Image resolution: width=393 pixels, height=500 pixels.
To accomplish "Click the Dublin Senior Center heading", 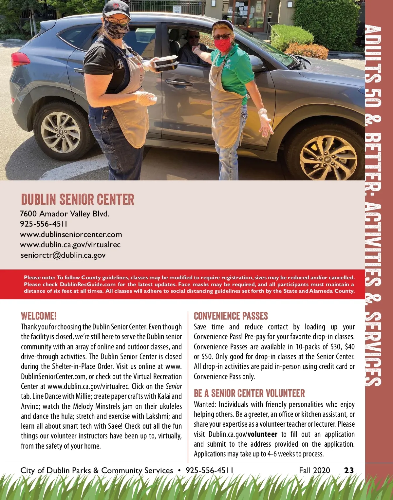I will [78, 199].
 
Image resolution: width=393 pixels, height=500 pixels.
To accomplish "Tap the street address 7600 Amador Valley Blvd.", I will [65, 214].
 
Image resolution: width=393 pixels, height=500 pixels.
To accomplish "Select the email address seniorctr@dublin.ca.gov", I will [63, 255].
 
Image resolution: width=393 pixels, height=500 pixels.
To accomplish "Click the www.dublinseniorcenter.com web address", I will [71, 234].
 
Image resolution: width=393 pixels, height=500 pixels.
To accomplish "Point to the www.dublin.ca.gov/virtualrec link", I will [70, 245].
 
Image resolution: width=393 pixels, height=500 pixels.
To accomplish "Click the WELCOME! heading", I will [39, 316].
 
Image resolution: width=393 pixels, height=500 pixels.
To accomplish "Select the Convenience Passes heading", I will [231, 316].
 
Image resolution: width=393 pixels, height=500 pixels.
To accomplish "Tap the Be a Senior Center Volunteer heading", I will [249, 393].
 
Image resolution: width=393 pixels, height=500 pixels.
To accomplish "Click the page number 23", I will [349, 471].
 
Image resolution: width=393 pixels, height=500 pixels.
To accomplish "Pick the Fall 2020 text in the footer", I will [314, 471].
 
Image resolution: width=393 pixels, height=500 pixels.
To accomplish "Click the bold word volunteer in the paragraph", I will [263, 434].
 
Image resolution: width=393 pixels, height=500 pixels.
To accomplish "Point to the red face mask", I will [224, 45].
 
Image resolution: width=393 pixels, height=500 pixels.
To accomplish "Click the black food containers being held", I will [166, 64].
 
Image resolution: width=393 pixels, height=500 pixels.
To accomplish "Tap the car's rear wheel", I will [61, 128].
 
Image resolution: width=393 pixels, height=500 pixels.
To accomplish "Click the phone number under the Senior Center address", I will [44, 224].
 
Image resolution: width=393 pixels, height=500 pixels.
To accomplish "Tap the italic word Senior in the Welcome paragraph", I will [174, 386].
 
